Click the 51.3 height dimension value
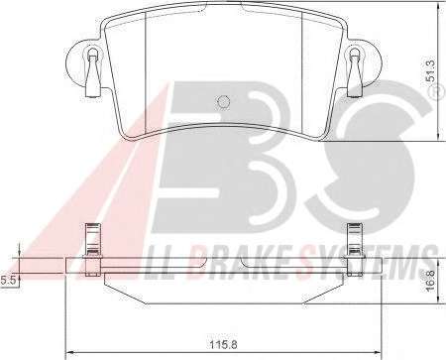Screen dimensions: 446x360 coord(431,71)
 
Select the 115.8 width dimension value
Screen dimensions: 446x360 coord(224,345)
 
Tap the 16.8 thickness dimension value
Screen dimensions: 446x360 coord(430,282)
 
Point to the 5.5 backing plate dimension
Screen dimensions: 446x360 coord(8,281)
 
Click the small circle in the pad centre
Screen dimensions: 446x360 coord(224,101)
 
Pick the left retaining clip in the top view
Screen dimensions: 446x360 coord(92,72)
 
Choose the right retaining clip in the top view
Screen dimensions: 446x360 coord(355,72)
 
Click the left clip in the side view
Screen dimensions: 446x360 coord(93,250)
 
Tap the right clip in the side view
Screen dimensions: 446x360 coord(355,250)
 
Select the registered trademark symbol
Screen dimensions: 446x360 coord(437,91)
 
